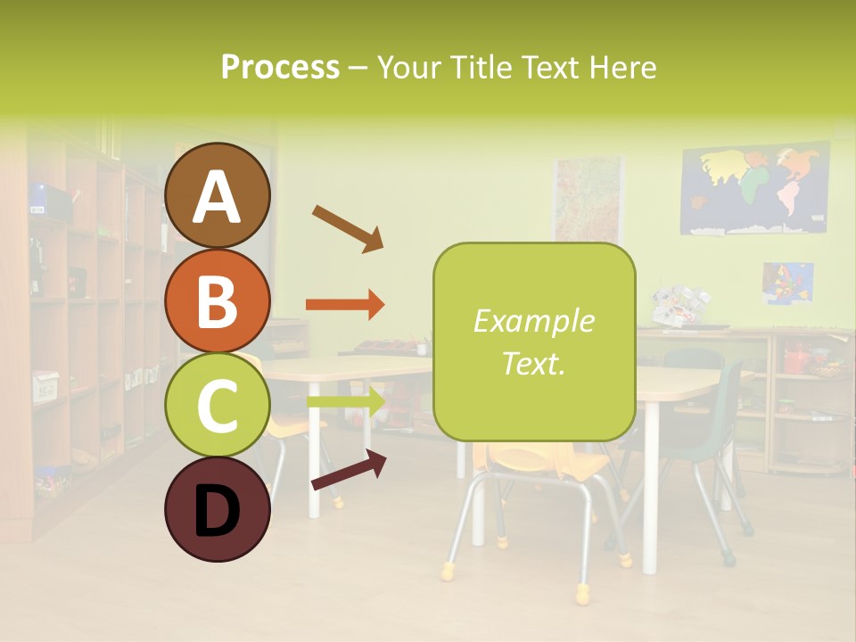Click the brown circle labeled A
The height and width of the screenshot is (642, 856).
217,196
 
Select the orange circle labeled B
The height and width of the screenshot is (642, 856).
217,300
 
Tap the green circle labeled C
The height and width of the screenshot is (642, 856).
217,405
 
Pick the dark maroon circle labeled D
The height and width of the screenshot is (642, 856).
217,509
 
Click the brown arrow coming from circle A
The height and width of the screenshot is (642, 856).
347,227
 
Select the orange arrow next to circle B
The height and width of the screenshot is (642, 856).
345,305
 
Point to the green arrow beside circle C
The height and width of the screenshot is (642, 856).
345,402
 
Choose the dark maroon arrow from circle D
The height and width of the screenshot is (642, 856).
349,470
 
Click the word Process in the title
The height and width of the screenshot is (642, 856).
280,68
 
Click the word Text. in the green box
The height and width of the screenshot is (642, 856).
533,363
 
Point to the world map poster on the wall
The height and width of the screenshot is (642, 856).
754,190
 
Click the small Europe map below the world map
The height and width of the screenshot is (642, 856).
787,283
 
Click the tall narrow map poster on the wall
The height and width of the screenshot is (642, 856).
588,200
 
